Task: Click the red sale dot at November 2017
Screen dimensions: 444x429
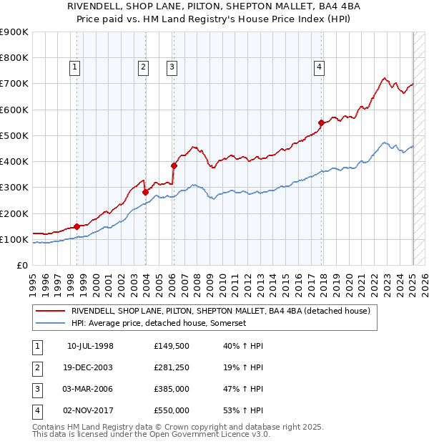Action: [322, 122]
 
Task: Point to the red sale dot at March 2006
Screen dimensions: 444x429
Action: [174, 165]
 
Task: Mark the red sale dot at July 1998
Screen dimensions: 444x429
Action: [77, 226]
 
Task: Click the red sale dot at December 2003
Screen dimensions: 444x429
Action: [145, 192]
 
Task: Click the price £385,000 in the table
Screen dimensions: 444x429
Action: [172, 390]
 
